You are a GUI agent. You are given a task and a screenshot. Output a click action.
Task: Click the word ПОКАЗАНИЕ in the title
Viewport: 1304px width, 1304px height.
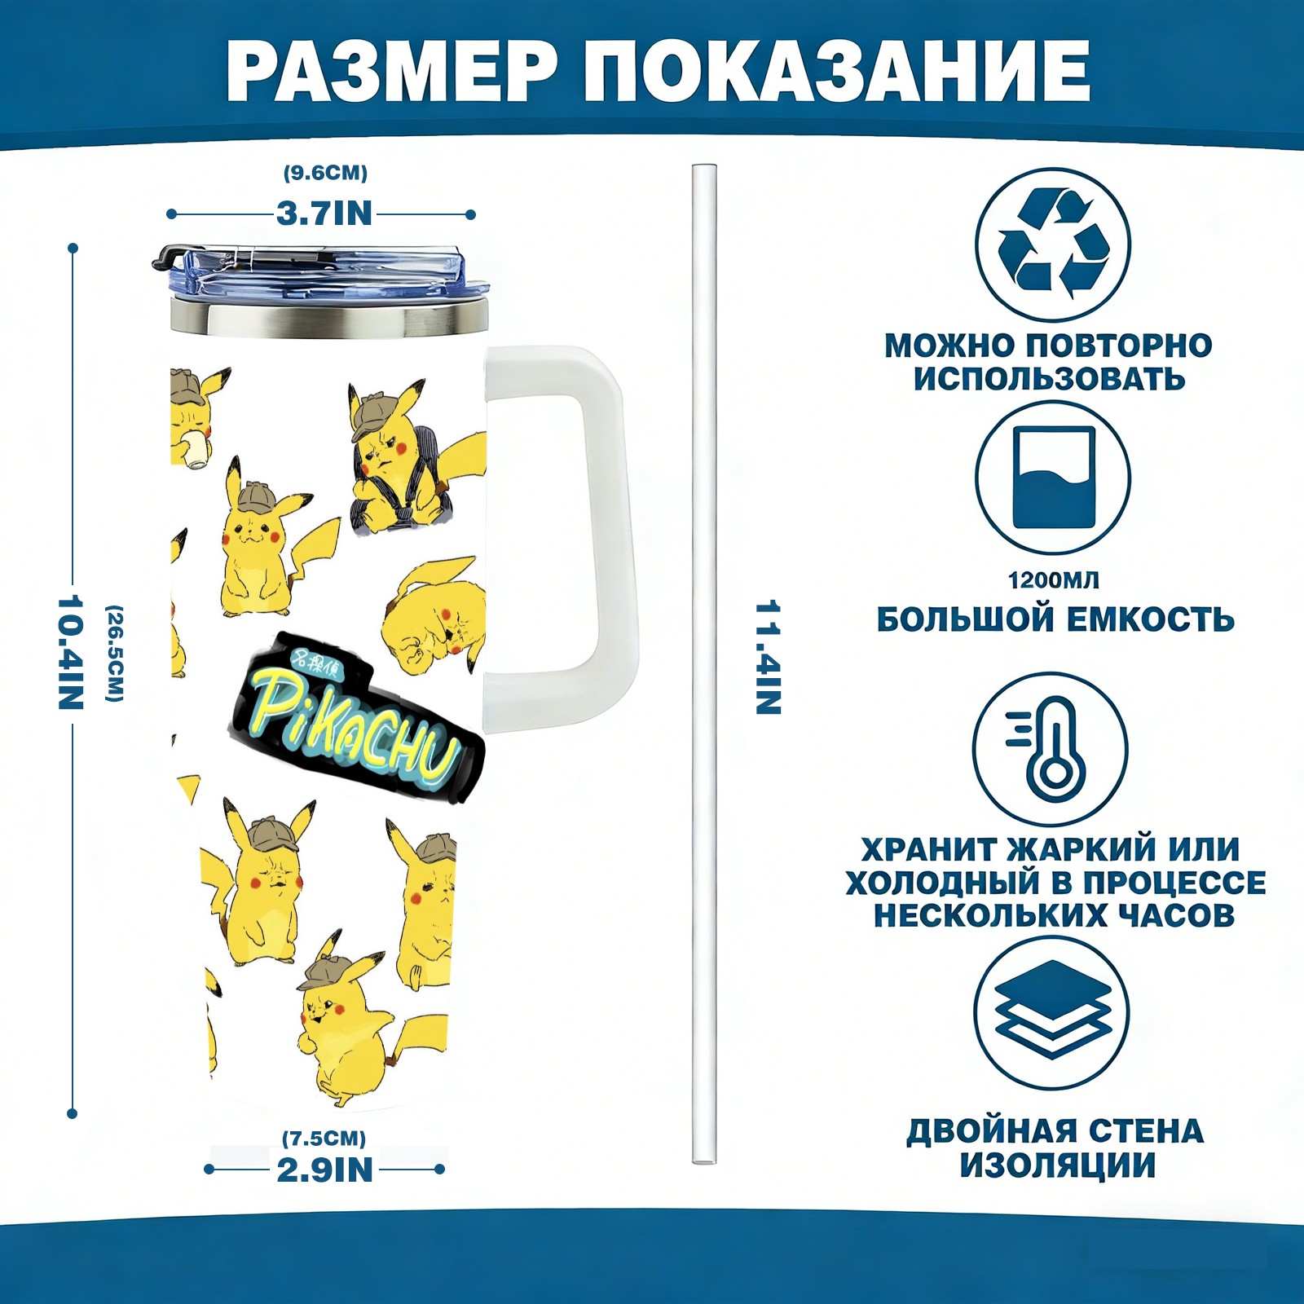(837, 70)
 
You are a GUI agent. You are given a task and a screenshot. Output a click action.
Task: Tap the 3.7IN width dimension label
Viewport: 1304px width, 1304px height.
(324, 214)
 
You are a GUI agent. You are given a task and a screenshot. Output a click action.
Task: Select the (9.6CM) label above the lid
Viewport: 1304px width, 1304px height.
(325, 173)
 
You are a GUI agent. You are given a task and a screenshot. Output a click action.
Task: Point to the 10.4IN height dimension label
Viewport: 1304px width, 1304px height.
(71, 652)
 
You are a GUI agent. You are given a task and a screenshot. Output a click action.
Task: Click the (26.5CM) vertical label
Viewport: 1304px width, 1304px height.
(115, 653)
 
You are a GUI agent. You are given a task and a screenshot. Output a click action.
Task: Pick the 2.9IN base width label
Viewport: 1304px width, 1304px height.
(324, 1170)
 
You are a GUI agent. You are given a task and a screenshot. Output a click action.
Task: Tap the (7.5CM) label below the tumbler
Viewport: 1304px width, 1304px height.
(324, 1138)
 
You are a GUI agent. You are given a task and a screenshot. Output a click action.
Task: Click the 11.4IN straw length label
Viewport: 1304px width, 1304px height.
(769, 658)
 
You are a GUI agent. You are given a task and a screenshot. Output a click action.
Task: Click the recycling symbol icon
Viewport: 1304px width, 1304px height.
(1053, 244)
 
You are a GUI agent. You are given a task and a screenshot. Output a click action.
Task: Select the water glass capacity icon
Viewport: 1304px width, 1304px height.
(1053, 478)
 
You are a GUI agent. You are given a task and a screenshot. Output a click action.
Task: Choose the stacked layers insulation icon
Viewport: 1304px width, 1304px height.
(1051, 1012)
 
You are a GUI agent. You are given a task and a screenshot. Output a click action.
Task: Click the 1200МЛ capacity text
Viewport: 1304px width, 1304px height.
(1054, 580)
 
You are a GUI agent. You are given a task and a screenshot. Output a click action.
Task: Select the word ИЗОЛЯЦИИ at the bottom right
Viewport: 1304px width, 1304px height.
(1057, 1165)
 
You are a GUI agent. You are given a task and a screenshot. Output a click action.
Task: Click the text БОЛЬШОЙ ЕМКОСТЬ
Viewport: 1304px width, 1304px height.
(1055, 620)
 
